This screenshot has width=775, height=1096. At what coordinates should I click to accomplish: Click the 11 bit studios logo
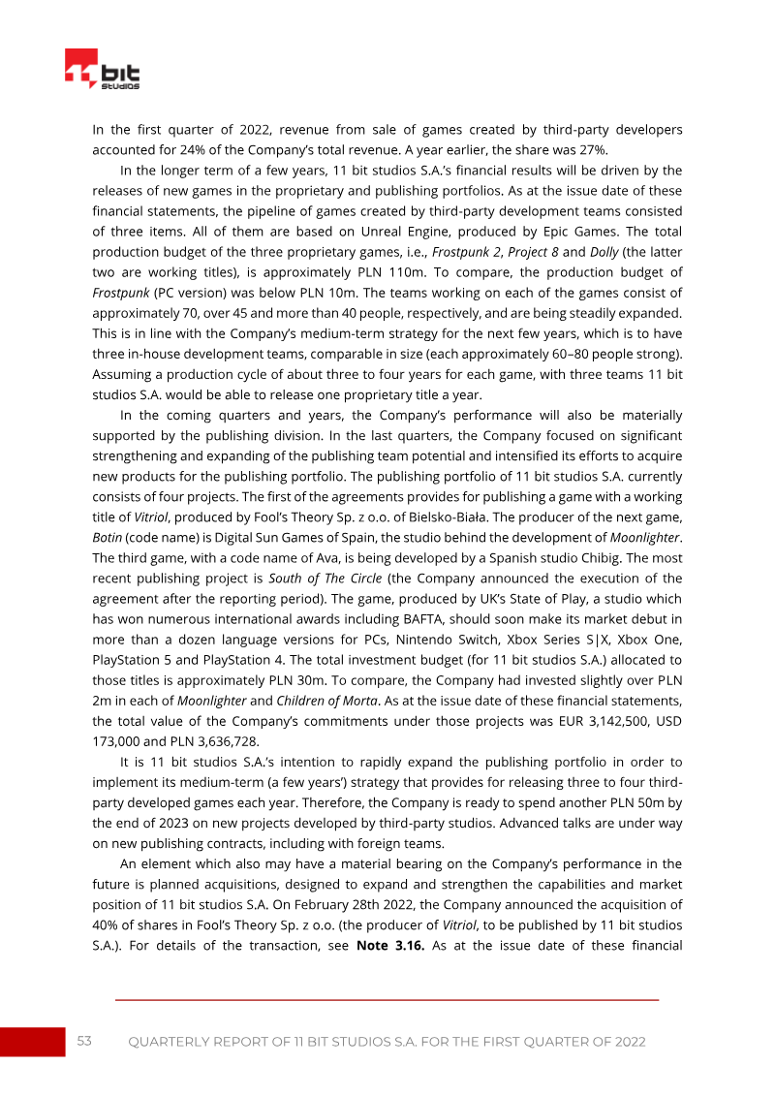103,71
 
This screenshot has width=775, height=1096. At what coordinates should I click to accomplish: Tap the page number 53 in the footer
84,1041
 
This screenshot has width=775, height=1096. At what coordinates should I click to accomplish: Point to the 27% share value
592,150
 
